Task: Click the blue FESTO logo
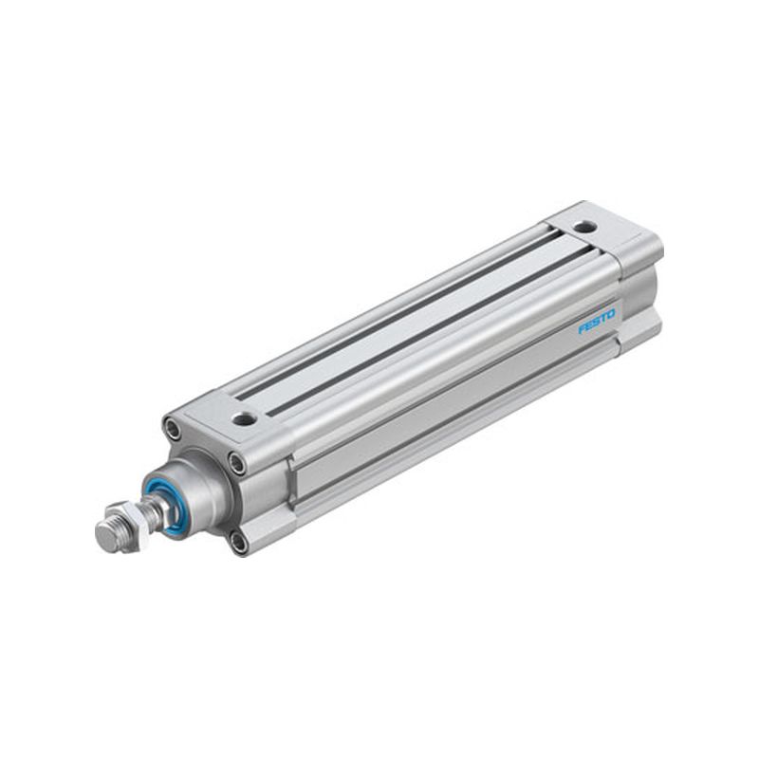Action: tap(597, 322)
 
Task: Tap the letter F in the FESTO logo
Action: tap(583, 329)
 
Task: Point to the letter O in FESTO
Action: tap(611, 314)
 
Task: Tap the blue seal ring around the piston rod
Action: tap(162, 507)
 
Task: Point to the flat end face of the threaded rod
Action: tap(105, 536)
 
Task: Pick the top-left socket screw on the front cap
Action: tap(173, 428)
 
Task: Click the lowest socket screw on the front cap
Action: tap(238, 543)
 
